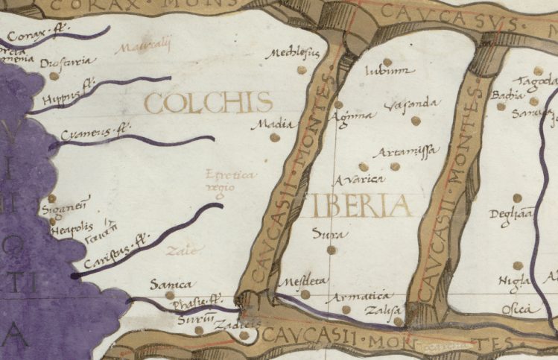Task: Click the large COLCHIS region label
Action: (208, 102)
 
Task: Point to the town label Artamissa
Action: (405, 152)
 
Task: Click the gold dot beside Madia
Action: (275, 137)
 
